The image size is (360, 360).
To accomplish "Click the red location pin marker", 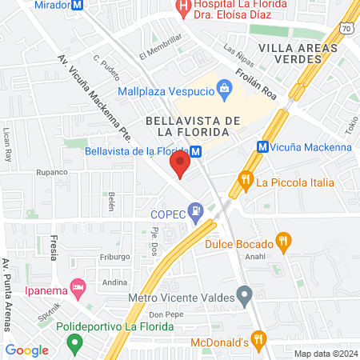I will pos(180,166).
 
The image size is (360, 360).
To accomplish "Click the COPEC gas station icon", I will pos(194,213).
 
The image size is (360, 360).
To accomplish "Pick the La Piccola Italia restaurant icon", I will pos(246,181).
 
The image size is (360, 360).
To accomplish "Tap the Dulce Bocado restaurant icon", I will pos(282,240).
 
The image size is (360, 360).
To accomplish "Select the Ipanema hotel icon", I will pos(78,286).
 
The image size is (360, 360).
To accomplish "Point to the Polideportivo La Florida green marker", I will pos(75,345).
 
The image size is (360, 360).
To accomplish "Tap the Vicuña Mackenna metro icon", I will pos(262,147).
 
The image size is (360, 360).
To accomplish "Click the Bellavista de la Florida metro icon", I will pos(195,150).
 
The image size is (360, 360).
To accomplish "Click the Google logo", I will pos(26,350).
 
